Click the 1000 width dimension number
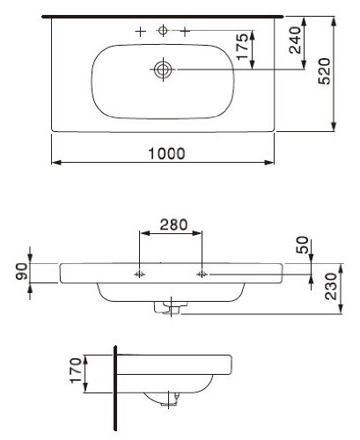coord(166,153)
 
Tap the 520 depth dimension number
coord(325,71)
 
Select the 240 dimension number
coord(295,40)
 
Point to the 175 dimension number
coord(242,47)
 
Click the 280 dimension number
coord(173,224)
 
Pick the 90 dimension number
coord(22,271)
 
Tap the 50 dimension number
coord(303,245)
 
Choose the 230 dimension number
coord(331,287)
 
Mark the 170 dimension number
coord(76,370)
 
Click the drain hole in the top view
coord(163,70)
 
